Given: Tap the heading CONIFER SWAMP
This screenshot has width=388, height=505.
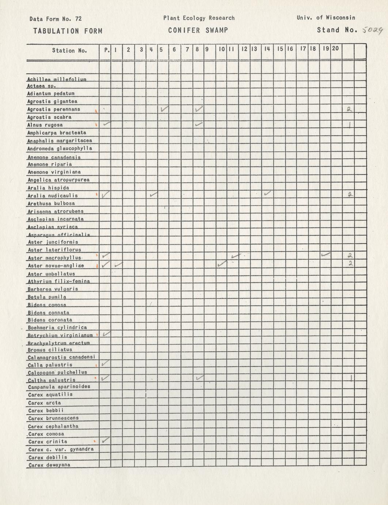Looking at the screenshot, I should click(x=198, y=30).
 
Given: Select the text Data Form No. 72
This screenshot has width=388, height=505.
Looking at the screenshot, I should click(x=56, y=19).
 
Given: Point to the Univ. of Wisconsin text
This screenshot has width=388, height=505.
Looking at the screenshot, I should click(x=326, y=18).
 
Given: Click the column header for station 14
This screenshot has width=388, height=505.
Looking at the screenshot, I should click(x=267, y=49).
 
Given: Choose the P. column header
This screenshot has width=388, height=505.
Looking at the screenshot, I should click(x=106, y=50).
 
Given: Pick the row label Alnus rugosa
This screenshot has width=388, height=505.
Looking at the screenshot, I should click(x=45, y=125).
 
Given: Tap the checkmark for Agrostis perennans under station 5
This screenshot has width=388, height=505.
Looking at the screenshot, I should click(x=164, y=109).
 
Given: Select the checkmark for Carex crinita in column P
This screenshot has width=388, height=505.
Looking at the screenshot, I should click(x=106, y=441).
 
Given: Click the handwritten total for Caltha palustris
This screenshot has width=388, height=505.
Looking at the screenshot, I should click(x=350, y=378).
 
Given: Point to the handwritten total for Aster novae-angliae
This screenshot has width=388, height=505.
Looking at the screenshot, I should click(x=350, y=263).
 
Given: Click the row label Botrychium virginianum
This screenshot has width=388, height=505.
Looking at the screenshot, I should click(x=60, y=335).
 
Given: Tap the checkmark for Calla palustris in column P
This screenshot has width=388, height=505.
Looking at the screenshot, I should click(x=105, y=363).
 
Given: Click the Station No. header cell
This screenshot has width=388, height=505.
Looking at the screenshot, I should click(x=69, y=50).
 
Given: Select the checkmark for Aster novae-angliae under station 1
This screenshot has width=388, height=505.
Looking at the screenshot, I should click(x=119, y=264).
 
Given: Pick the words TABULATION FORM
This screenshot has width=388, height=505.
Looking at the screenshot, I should click(x=68, y=31).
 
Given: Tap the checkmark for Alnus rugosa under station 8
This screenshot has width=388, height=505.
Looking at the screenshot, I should click(x=199, y=124).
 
